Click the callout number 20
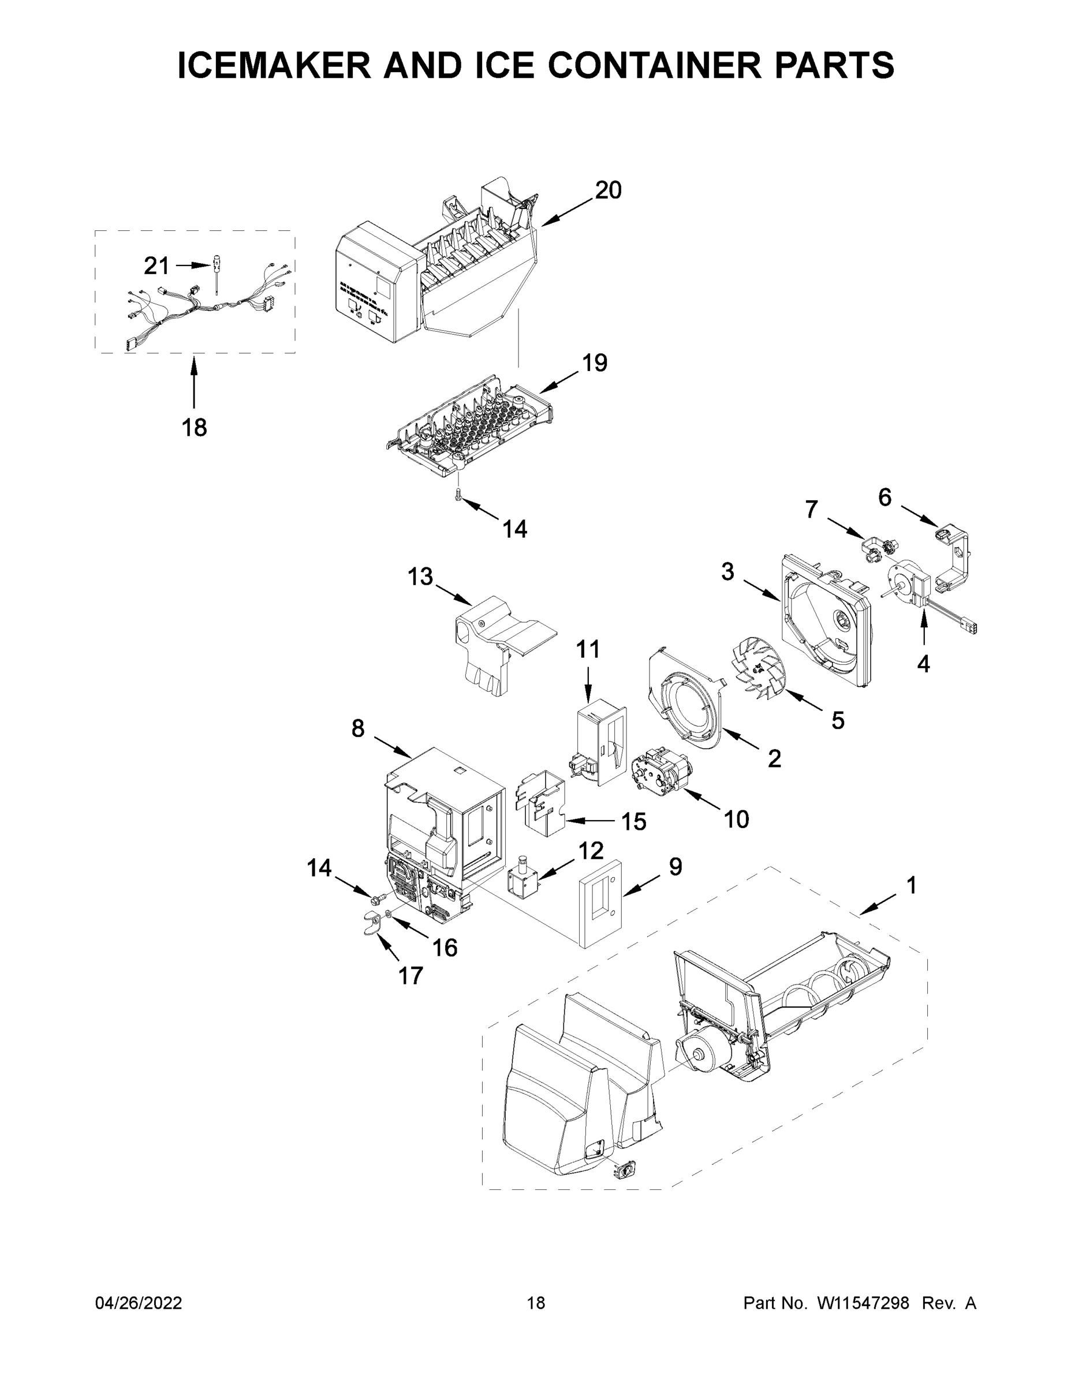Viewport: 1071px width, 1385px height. [x=608, y=190]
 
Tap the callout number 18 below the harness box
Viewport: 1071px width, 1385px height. [x=194, y=428]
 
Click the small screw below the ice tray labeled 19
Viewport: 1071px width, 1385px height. [x=458, y=495]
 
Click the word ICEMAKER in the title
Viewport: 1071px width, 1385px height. [x=274, y=65]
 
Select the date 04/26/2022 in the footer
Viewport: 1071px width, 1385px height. [x=139, y=1302]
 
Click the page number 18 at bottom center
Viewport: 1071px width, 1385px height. [x=536, y=1302]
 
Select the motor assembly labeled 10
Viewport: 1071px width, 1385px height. [x=658, y=769]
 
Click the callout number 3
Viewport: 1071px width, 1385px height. [x=727, y=571]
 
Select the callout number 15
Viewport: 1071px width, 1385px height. [x=633, y=821]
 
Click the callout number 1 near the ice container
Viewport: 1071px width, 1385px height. [x=911, y=885]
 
